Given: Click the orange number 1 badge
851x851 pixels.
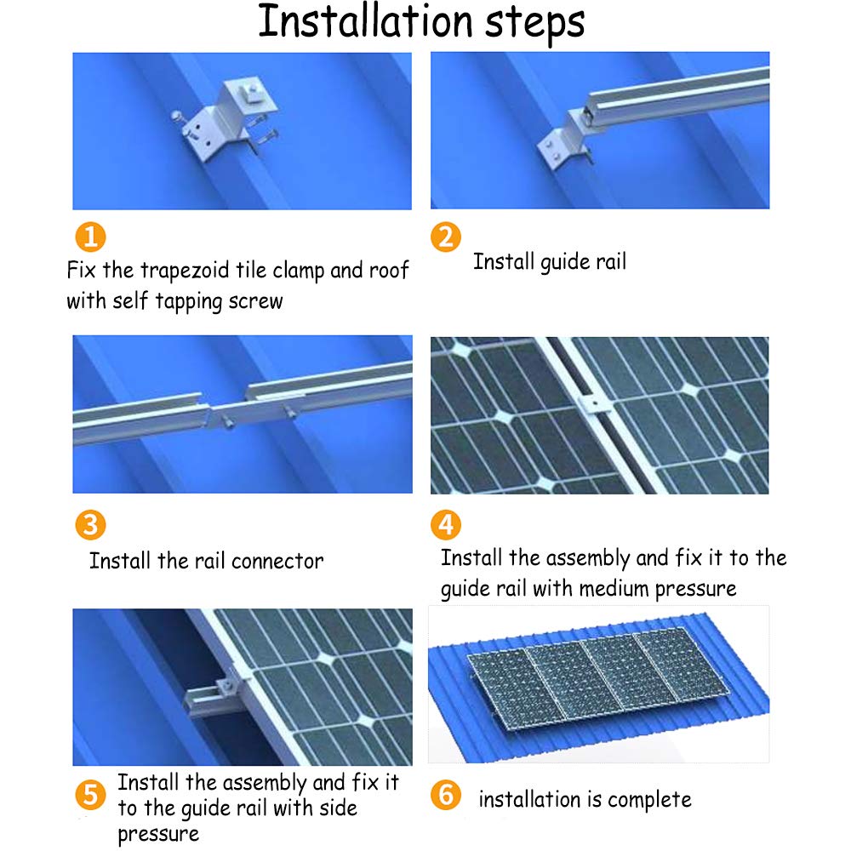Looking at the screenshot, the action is [x=91, y=237].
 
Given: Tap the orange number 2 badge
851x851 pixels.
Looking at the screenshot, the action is [x=446, y=237].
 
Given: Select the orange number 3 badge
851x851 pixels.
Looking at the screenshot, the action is [x=91, y=525].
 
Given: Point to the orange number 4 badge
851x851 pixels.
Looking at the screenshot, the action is [x=446, y=525].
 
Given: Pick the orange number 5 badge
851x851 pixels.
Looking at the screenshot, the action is [x=91, y=795].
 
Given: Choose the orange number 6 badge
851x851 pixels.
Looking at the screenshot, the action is [x=446, y=795].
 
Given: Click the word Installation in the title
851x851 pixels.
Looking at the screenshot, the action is [x=365, y=22].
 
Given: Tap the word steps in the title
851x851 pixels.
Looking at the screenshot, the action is [x=534, y=25].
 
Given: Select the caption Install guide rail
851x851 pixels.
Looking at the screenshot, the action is [x=550, y=262].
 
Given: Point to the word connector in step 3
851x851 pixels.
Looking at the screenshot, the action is [x=277, y=562].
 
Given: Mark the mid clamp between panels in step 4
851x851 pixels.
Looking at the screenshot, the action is [x=593, y=404].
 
